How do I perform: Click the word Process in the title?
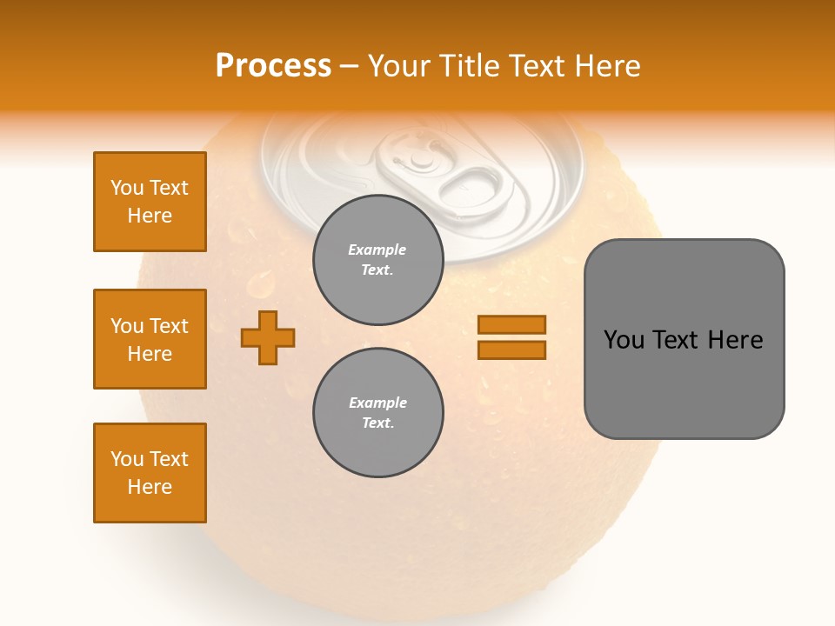click(273, 66)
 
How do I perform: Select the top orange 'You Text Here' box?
click(150, 202)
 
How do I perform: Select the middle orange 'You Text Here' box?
click(150, 339)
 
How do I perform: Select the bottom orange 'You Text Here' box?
click(150, 473)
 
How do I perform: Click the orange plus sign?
click(268, 337)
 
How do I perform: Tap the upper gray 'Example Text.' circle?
click(377, 260)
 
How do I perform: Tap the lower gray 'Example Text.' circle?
click(377, 413)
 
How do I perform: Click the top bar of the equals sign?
click(511, 325)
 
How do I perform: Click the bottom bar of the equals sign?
click(511, 350)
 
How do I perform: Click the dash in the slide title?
click(350, 66)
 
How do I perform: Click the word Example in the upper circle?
click(377, 250)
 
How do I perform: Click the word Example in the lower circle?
click(377, 403)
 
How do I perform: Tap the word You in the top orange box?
click(126, 188)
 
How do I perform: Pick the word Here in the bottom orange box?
click(150, 487)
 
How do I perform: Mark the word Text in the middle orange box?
click(168, 326)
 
